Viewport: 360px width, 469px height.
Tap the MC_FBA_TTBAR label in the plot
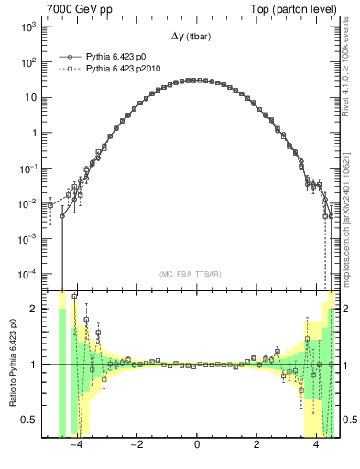tap(196, 275)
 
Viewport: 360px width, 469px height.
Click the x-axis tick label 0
tap(196, 446)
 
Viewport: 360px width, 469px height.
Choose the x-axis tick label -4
tap(75, 446)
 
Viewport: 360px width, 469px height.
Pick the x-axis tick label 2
tap(256, 446)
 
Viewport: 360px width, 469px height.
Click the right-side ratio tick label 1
tap(345, 365)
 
